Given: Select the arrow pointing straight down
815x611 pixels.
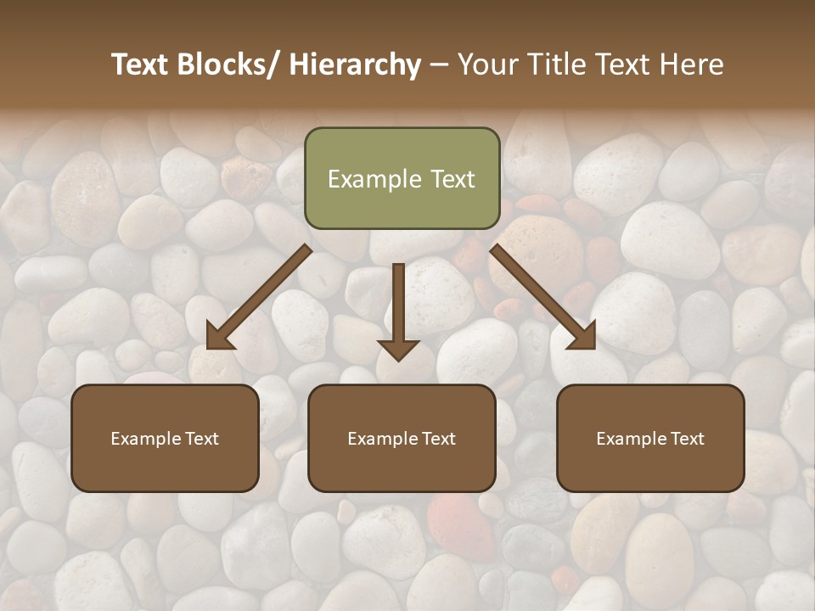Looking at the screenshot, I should click(x=398, y=310).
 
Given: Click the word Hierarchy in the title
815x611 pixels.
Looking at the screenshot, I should click(x=355, y=65).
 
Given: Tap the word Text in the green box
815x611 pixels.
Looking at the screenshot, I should click(x=452, y=179).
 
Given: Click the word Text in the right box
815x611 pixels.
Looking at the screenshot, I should click(x=687, y=439).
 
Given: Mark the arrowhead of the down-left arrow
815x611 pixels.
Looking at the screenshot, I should click(x=220, y=336).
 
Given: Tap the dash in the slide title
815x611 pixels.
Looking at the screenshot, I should click(x=439, y=65).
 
